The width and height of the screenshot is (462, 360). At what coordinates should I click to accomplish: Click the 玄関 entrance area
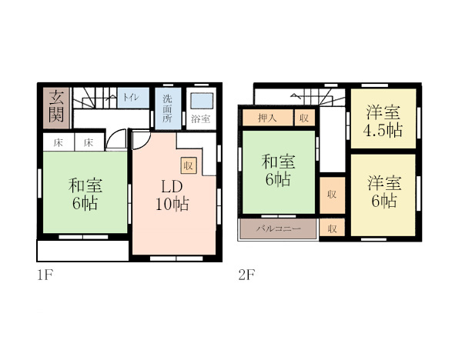click(x=56, y=108)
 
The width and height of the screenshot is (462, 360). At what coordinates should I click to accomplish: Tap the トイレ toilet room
click(x=133, y=98)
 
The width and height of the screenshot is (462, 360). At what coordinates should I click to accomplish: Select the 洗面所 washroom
click(x=168, y=108)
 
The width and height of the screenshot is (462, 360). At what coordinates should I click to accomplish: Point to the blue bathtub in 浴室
click(x=202, y=101)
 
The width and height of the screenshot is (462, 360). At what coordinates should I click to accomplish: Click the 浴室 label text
click(x=201, y=119)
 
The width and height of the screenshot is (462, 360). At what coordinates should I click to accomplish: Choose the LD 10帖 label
click(x=172, y=195)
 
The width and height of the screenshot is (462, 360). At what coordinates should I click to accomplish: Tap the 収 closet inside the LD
click(x=189, y=165)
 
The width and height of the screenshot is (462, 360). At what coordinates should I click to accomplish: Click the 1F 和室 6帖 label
click(x=85, y=194)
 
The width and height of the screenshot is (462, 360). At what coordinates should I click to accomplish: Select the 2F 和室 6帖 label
click(x=278, y=171)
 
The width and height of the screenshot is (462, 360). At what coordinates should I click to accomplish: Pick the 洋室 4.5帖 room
click(x=383, y=118)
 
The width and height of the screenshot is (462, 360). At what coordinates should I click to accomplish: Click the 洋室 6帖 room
click(x=383, y=195)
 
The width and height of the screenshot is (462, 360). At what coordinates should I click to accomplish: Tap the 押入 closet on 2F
click(x=267, y=118)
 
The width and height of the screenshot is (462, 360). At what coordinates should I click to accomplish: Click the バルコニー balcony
click(x=278, y=228)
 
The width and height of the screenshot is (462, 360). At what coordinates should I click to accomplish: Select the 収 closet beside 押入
click(x=305, y=118)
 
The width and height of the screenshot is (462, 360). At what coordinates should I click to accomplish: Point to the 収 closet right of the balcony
click(x=333, y=227)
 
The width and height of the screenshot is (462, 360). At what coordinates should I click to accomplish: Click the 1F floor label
click(x=45, y=275)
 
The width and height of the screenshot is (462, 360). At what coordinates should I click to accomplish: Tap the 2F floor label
click(x=246, y=275)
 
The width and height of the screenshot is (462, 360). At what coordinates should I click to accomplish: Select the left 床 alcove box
click(x=59, y=142)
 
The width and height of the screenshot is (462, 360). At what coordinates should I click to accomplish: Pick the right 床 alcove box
click(x=89, y=142)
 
